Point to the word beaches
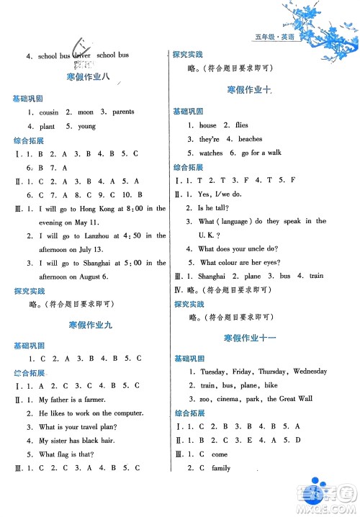pyautogui.click(x=250, y=139)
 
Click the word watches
pyautogui.click(x=211, y=153)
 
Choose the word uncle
pyautogui.click(x=270, y=248)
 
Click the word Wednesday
pyautogui.click(x=310, y=372)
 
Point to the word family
pyautogui.click(x=221, y=468)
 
